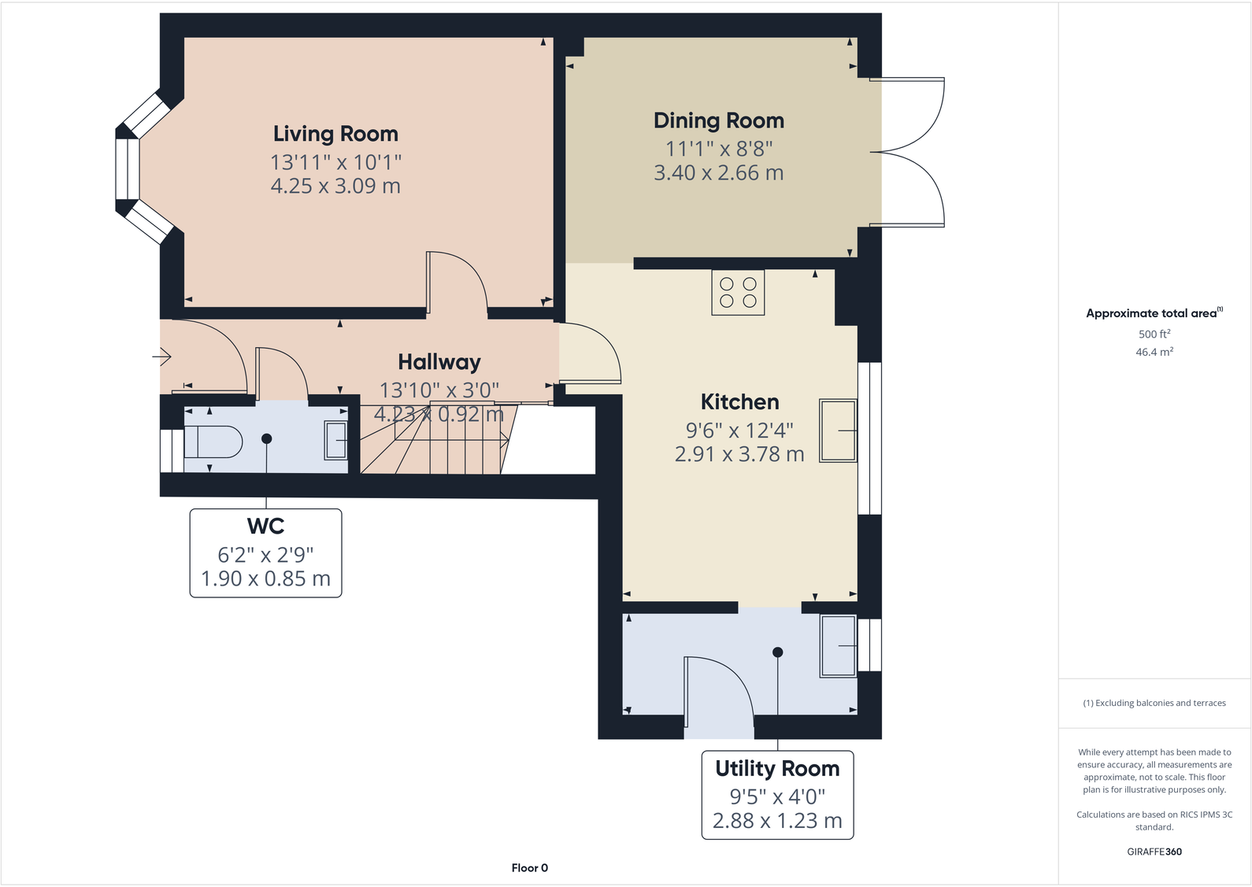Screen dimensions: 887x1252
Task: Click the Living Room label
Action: click(x=335, y=134)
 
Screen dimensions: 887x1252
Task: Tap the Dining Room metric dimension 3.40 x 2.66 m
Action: click(x=718, y=173)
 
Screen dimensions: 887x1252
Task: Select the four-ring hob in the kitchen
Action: click(x=738, y=293)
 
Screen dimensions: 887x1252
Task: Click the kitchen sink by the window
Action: click(x=838, y=431)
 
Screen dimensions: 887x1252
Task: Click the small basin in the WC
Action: click(x=335, y=441)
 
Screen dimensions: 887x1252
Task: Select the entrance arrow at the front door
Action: click(x=162, y=357)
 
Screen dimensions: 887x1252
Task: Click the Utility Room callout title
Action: click(x=777, y=768)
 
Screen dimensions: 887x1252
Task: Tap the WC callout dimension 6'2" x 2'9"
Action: click(x=265, y=555)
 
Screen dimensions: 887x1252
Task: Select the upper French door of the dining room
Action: click(x=913, y=114)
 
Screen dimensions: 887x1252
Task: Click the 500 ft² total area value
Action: click(x=1154, y=334)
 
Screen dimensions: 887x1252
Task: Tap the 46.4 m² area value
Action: click(x=1154, y=352)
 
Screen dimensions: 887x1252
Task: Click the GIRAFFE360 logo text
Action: click(x=1154, y=852)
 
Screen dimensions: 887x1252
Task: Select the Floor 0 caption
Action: click(x=529, y=868)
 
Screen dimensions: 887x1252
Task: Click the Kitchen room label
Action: click(x=739, y=402)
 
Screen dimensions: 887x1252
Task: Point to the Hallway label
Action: click(x=439, y=362)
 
